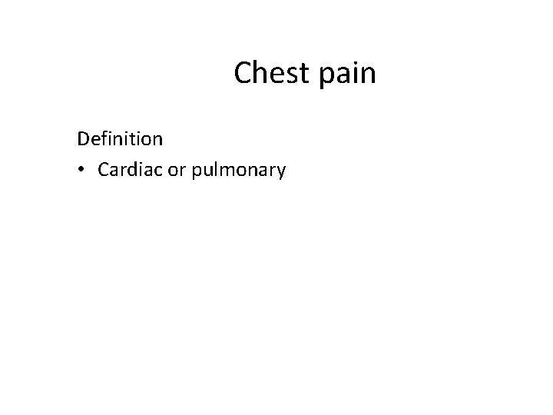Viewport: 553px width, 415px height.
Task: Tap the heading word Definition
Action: tap(120, 139)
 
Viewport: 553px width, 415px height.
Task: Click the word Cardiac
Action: tap(131, 170)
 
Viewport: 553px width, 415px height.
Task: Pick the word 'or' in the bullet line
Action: tap(177, 171)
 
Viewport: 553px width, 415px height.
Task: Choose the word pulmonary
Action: tap(237, 171)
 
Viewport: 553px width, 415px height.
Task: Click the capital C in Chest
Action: tap(243, 73)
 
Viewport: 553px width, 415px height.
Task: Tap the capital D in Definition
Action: tap(83, 139)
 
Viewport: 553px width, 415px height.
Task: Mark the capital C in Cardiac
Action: tap(104, 170)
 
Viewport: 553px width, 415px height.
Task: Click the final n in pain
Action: tap(369, 75)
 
